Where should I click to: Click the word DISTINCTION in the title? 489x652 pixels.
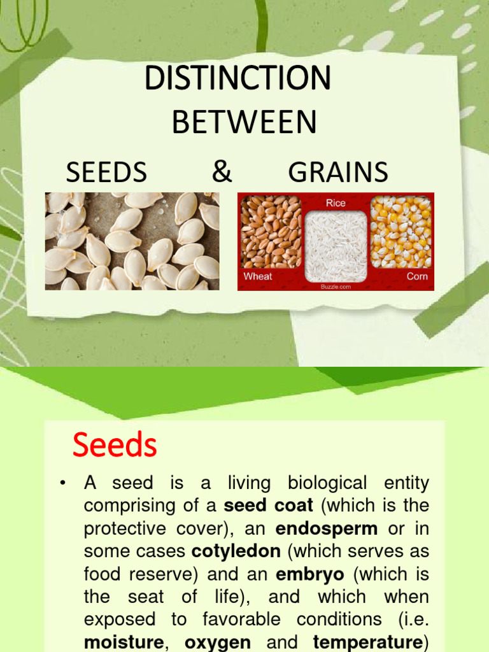[x=237, y=78]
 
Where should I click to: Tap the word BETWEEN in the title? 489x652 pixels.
[x=244, y=122]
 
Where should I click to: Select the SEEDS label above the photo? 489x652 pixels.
[x=106, y=173]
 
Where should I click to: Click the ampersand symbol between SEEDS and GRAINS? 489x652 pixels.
[x=222, y=172]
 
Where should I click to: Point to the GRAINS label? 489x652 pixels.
[x=338, y=173]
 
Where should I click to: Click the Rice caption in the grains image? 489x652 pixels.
[x=336, y=203]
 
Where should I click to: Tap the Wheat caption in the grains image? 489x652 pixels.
[x=258, y=276]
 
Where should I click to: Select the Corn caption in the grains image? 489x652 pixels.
[x=417, y=276]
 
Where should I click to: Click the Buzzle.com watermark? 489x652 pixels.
[x=336, y=287]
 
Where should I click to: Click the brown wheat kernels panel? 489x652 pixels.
[x=271, y=232]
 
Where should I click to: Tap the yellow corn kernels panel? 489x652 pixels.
[x=400, y=232]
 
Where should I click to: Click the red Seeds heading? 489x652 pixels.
[x=115, y=445]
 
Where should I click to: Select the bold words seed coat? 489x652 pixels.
[x=269, y=506]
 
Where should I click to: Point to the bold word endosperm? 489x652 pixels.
[x=327, y=528]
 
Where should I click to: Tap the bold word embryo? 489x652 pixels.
[x=310, y=574]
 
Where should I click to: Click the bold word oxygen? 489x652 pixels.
[x=218, y=642]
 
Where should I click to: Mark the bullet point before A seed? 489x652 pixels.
[x=62, y=484]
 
